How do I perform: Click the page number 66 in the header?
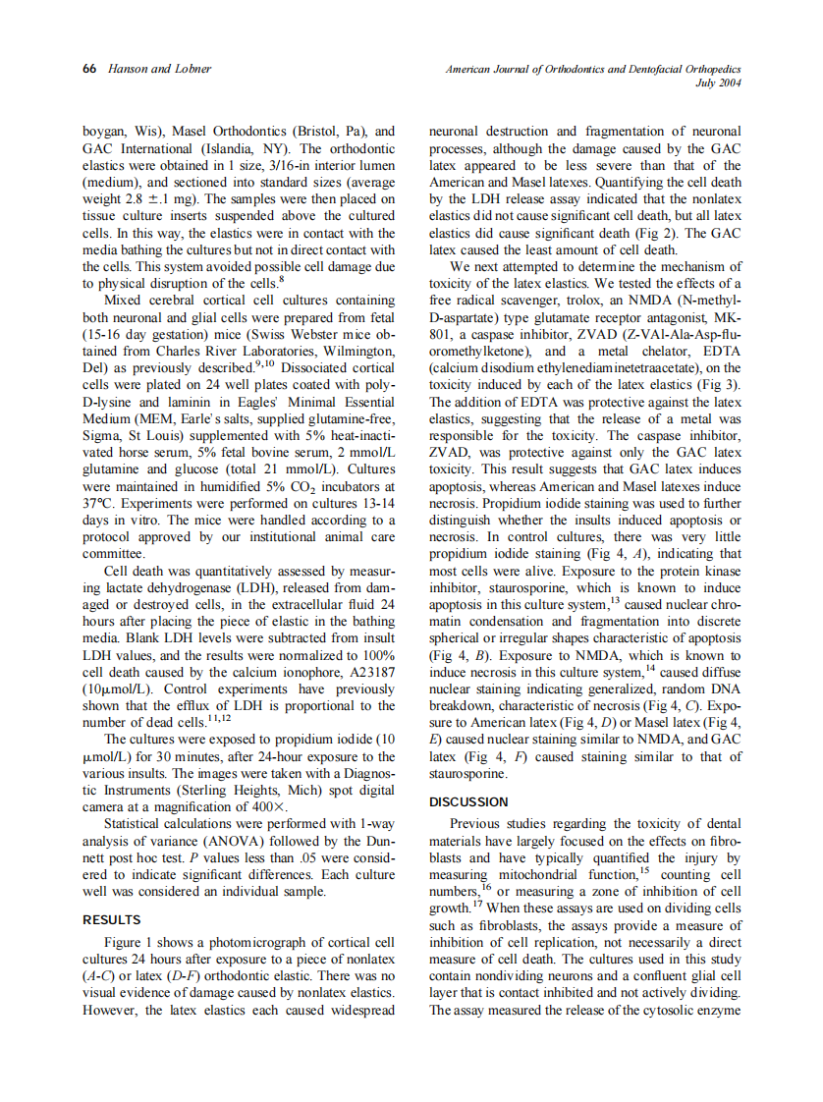point(89,70)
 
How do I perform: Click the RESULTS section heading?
point(110,920)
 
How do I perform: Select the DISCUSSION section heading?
point(469,801)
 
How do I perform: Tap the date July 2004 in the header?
point(718,83)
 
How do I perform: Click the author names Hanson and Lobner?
point(147,70)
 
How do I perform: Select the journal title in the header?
point(593,70)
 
